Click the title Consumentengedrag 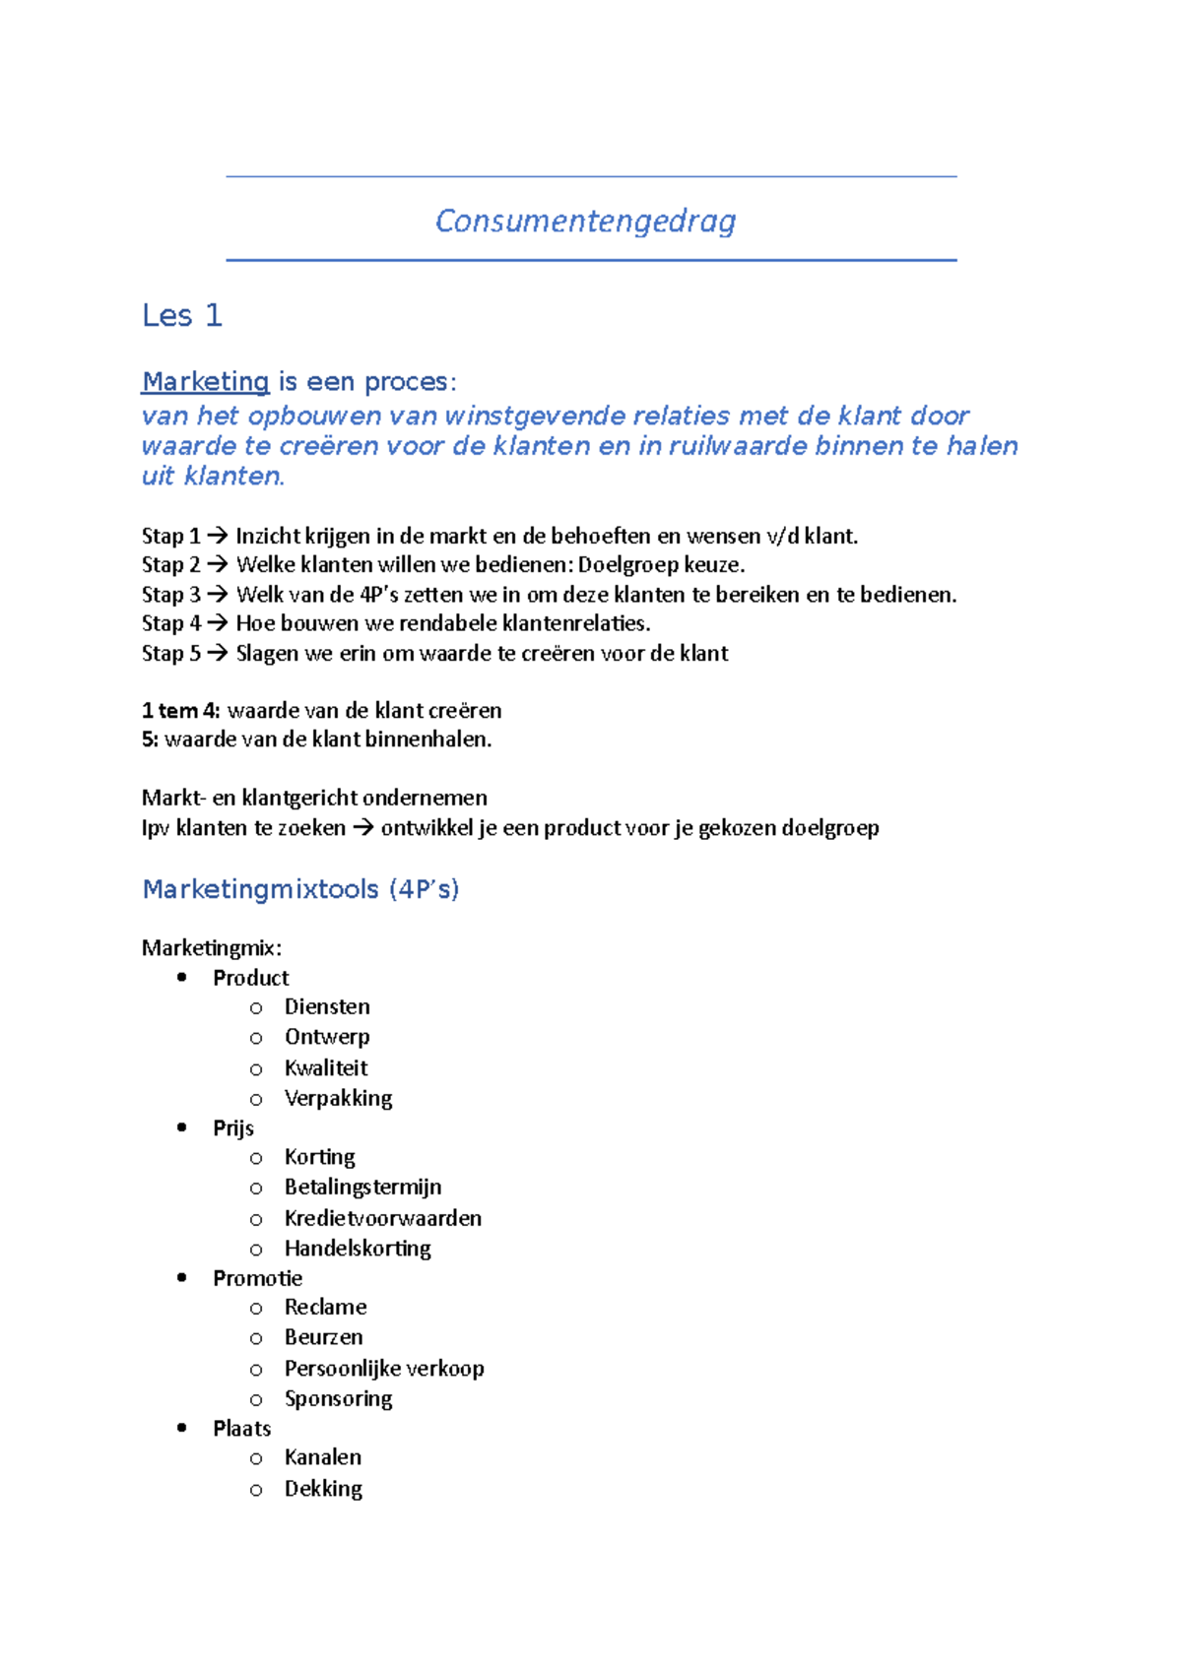[x=585, y=221]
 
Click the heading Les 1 [x=182, y=315]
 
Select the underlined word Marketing [x=205, y=382]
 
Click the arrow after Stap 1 [x=218, y=536]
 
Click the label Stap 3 [x=170, y=595]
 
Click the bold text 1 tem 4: [x=181, y=710]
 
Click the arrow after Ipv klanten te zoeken [x=362, y=828]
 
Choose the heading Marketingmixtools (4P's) [x=300, y=889]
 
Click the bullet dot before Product [x=181, y=977]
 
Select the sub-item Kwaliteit [x=325, y=1067]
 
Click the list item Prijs [x=233, y=1128]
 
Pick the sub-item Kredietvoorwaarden [x=382, y=1218]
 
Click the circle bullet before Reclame [x=256, y=1309]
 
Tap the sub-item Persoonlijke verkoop [x=384, y=1369]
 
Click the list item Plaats [x=241, y=1429]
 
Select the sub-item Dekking [x=323, y=1489]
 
